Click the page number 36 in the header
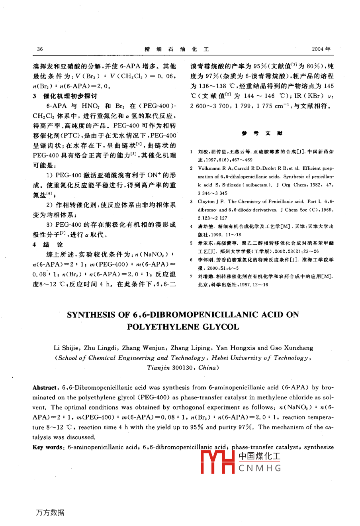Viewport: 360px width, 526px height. click(40, 49)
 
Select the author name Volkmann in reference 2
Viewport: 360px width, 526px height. click(209, 169)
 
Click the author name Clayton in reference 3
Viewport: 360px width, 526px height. click(207, 202)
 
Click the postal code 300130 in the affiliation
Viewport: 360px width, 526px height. click(184, 368)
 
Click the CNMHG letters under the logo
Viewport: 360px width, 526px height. click(260, 469)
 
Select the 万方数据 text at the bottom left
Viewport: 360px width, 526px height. click(50, 512)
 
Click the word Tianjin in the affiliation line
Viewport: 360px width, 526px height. click(158, 368)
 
